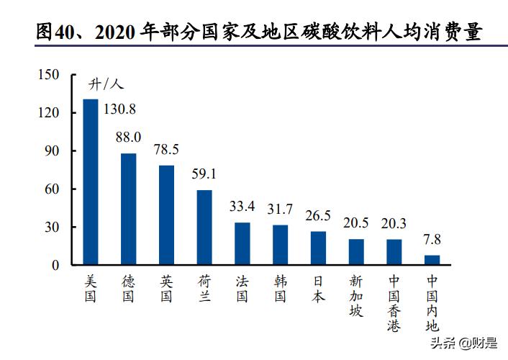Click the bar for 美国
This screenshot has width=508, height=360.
click(x=91, y=181)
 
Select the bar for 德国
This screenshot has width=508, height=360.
click(x=128, y=209)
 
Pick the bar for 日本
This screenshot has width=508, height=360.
click(x=318, y=248)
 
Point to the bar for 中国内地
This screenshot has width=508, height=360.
click(x=432, y=260)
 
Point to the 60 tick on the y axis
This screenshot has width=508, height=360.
click(x=51, y=189)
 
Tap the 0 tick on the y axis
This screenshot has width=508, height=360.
click(x=54, y=265)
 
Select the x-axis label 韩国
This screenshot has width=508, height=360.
click(x=280, y=287)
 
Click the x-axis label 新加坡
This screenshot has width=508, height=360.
click(x=356, y=294)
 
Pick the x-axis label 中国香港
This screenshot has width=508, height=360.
click(x=394, y=302)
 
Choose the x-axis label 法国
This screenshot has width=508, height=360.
click(x=242, y=287)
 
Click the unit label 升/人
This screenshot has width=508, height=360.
click(x=106, y=85)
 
